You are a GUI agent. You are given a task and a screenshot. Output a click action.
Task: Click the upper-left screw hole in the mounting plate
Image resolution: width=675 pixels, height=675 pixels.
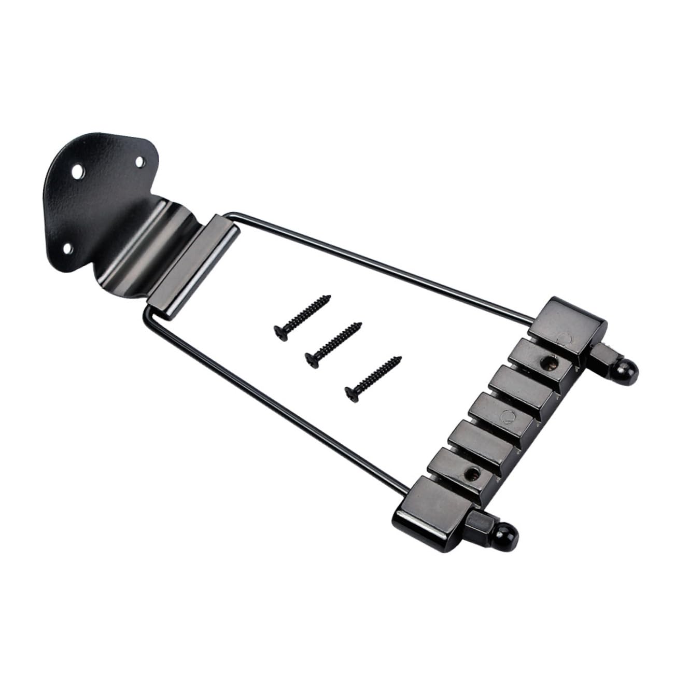pyautogui.click(x=79, y=170)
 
